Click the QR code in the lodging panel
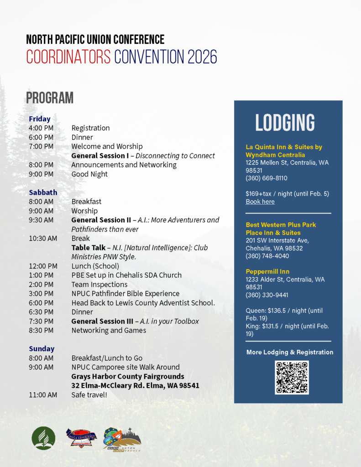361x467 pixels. pos(292,377)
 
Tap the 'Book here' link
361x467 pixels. pos(260,202)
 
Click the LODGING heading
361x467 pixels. pos(285,123)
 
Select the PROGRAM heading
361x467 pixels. pos(50,98)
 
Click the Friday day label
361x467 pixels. pos(40,119)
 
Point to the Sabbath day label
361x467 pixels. pos(43,192)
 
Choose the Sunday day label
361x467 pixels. pos(42,348)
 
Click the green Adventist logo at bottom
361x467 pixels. pos(43,438)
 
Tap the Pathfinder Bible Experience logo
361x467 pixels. pos(81,438)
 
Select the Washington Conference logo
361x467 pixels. pos(122,439)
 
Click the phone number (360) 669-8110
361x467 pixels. pos(267,178)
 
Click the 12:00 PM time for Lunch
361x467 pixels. pos(43,266)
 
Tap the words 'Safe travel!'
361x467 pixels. pos(89,394)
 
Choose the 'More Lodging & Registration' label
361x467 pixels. pos(290,352)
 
